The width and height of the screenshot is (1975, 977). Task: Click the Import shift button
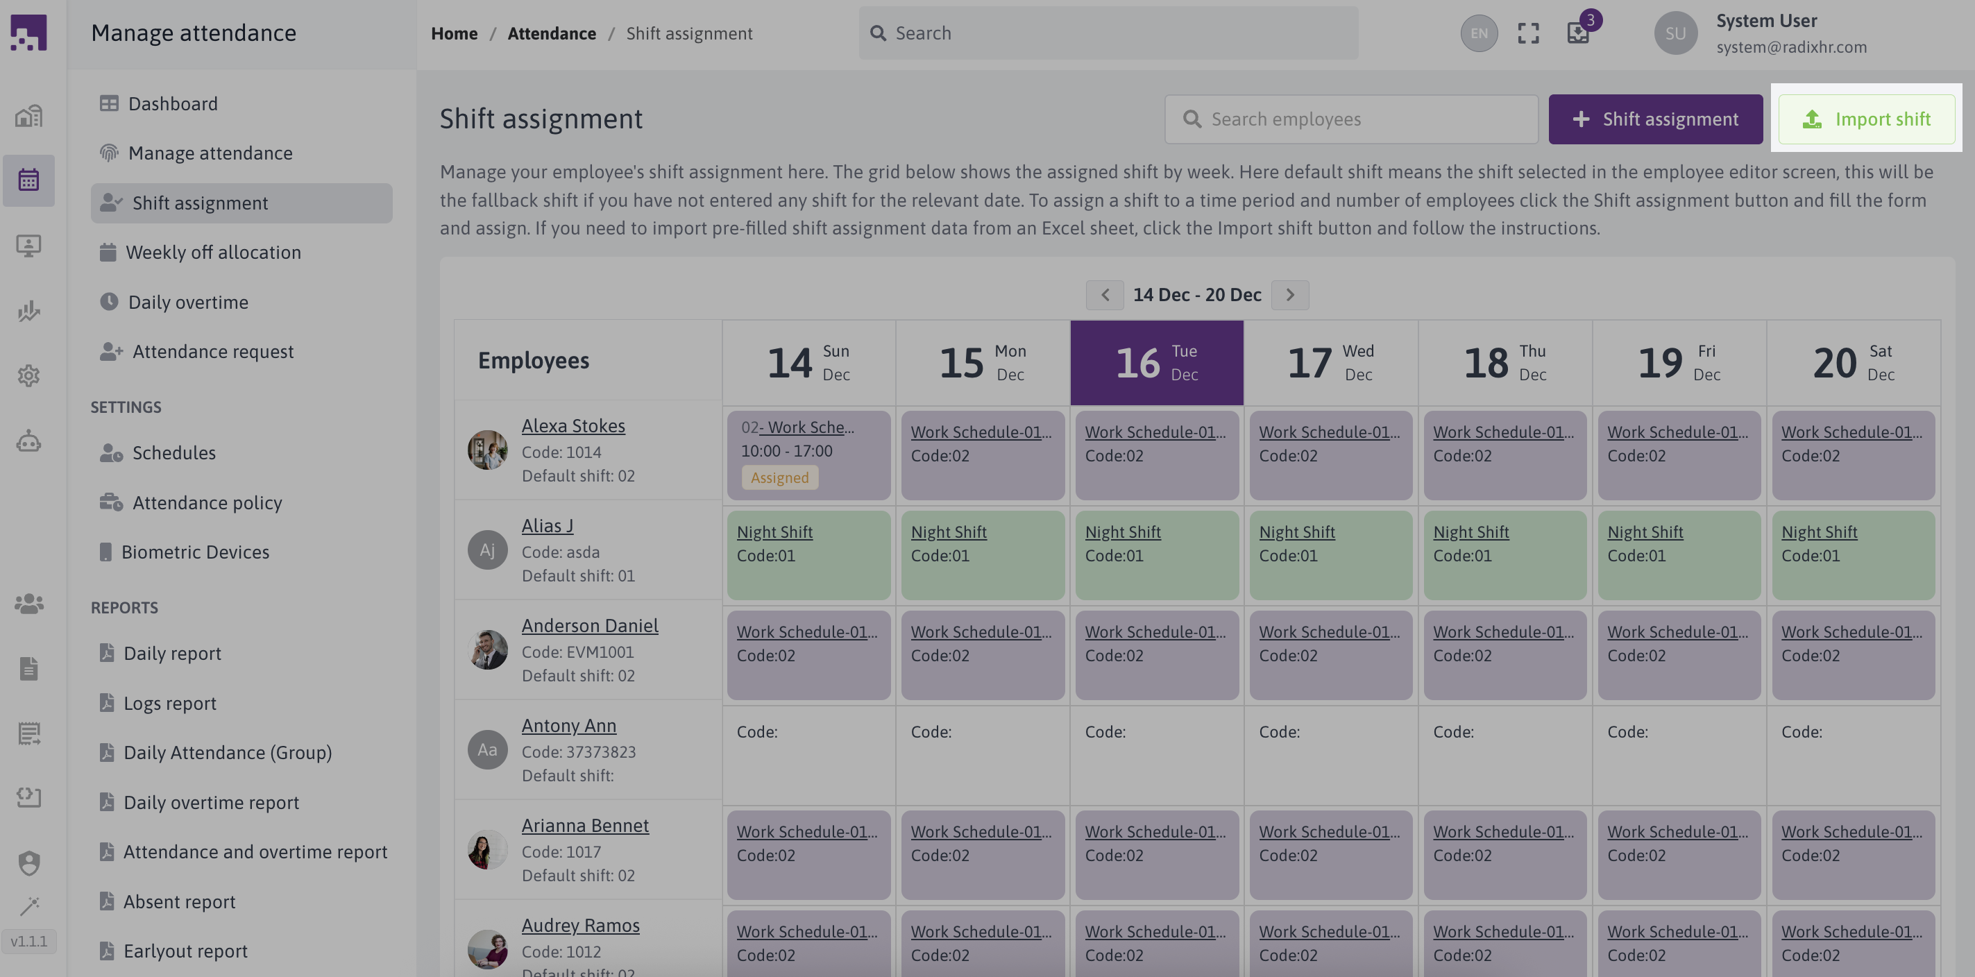click(x=1866, y=119)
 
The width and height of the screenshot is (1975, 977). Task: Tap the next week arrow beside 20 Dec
click(x=1289, y=294)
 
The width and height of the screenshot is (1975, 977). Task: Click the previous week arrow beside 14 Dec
click(x=1105, y=294)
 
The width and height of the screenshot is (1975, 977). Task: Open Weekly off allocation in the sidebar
click(x=212, y=253)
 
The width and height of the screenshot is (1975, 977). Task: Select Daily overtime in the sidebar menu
click(x=188, y=302)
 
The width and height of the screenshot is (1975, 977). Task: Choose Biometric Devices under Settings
click(x=195, y=552)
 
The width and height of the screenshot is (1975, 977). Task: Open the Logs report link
click(x=169, y=703)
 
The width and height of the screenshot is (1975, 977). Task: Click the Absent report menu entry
click(x=178, y=902)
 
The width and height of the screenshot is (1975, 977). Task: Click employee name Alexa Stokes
click(x=573, y=425)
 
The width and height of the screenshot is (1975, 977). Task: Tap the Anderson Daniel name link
click(x=590, y=626)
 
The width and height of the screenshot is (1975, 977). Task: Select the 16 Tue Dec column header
click(x=1156, y=363)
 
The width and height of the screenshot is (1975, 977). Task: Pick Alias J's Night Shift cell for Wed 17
click(x=1330, y=554)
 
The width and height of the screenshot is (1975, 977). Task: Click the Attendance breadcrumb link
click(x=551, y=33)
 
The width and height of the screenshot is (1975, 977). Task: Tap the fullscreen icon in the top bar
click(x=1528, y=33)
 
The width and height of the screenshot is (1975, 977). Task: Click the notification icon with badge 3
click(x=1578, y=33)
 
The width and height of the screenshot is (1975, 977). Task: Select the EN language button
click(x=1479, y=33)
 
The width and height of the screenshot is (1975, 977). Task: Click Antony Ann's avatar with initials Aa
click(x=488, y=750)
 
